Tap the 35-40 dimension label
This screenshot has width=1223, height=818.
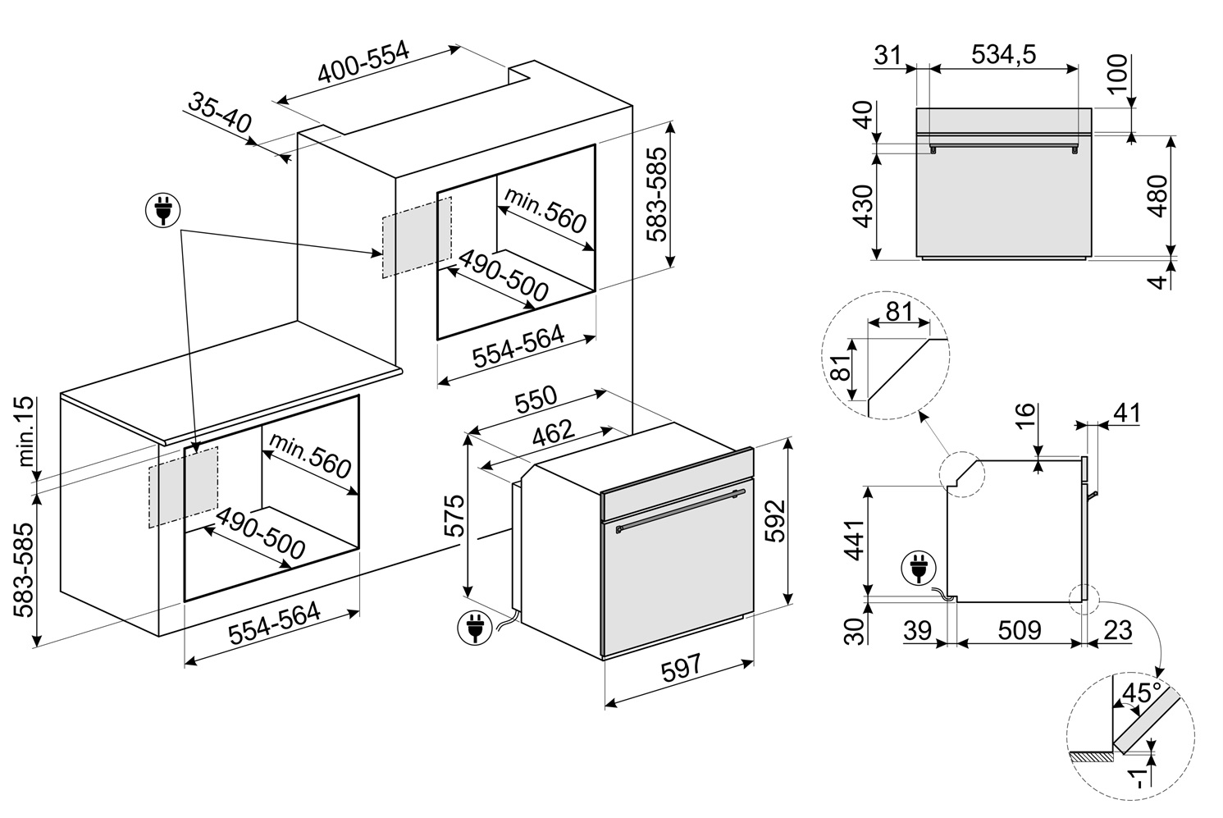coord(221,113)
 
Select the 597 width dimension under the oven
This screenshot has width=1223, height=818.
coord(680,669)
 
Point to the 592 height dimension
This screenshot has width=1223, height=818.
coord(774,521)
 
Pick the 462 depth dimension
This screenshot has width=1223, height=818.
coord(554,433)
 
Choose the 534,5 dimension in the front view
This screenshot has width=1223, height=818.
coord(1003,55)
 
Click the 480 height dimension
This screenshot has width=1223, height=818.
coord(1157,196)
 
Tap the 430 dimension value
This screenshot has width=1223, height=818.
coord(863,206)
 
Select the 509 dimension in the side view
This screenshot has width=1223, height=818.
coord(1020,631)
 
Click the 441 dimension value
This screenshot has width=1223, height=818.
coord(855,541)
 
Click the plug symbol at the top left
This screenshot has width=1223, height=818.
coord(162,210)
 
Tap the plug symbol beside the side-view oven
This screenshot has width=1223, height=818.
coord(919,568)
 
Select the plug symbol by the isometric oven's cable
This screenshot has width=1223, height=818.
coord(475,628)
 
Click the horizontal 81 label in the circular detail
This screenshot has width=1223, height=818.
coord(899,312)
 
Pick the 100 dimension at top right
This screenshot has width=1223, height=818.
coord(1118,73)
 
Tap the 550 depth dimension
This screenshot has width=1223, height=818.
coord(536,400)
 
